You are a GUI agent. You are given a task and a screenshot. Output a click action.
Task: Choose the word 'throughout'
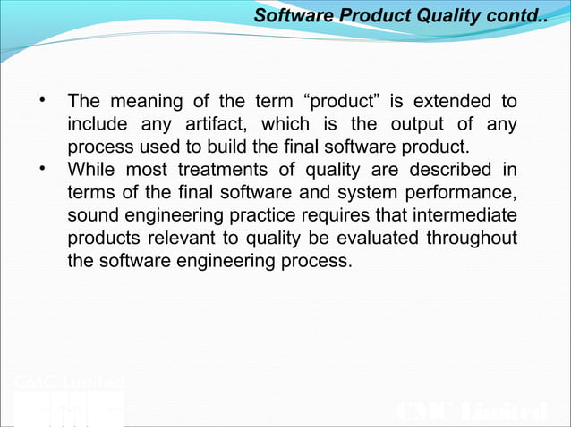pos(472,240)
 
